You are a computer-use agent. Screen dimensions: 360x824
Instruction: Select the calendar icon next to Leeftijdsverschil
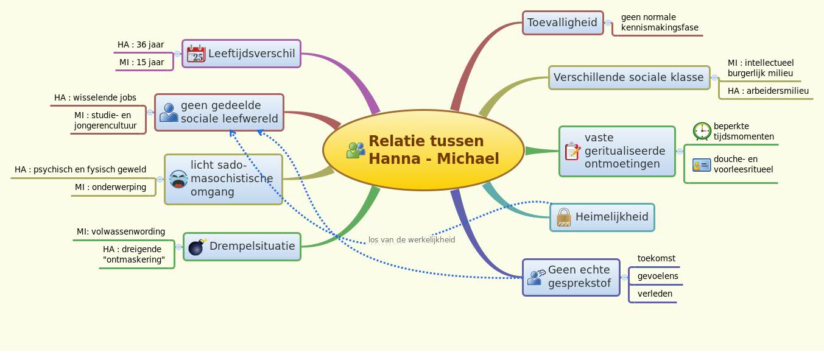click(196, 54)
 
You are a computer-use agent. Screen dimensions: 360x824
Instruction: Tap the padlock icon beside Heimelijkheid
click(564, 217)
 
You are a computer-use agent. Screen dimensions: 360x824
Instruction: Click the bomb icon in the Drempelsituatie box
click(197, 247)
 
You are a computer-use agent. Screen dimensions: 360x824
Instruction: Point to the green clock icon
click(702, 131)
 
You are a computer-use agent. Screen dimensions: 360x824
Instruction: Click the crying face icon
click(178, 179)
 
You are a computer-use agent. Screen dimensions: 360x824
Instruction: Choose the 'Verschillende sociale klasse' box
click(629, 78)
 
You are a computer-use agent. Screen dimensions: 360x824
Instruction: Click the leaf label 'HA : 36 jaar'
click(141, 44)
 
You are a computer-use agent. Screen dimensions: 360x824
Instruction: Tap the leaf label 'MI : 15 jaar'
click(141, 62)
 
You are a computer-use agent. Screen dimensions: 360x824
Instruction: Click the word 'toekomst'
click(656, 258)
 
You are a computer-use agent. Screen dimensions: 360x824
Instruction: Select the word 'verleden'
click(655, 294)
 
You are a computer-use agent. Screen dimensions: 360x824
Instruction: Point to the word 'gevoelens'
click(658, 276)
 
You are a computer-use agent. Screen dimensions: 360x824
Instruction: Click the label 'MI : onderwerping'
click(110, 187)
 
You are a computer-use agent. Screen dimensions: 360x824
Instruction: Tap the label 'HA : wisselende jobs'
click(95, 97)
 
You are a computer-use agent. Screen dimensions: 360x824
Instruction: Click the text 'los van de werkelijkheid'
click(412, 239)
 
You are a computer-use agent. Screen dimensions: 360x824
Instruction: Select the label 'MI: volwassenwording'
click(121, 231)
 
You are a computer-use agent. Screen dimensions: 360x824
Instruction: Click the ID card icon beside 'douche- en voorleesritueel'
click(702, 164)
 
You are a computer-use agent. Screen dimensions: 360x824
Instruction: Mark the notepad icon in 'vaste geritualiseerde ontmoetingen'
click(572, 151)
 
